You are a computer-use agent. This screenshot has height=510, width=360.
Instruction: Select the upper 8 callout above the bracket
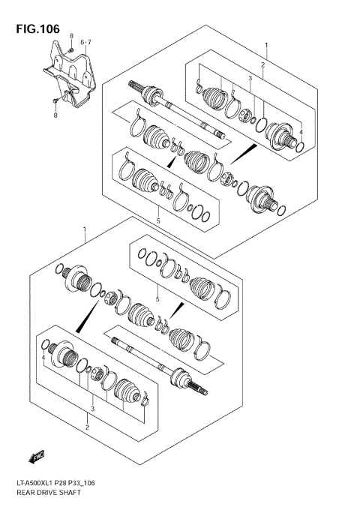coord(71,37)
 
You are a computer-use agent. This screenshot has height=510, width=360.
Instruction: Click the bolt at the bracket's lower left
coord(55,99)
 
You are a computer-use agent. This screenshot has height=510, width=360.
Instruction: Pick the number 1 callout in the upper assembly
coord(265,46)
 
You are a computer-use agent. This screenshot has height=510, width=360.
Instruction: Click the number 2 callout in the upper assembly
coord(262,66)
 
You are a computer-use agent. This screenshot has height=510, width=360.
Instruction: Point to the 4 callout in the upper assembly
coord(301,133)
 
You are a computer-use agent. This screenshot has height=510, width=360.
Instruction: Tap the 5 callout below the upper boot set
coord(158,220)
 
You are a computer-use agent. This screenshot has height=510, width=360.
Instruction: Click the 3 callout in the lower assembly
coord(91,409)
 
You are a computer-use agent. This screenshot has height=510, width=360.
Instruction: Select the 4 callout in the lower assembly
coord(43,358)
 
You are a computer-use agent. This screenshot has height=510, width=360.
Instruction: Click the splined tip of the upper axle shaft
coord(134,85)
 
